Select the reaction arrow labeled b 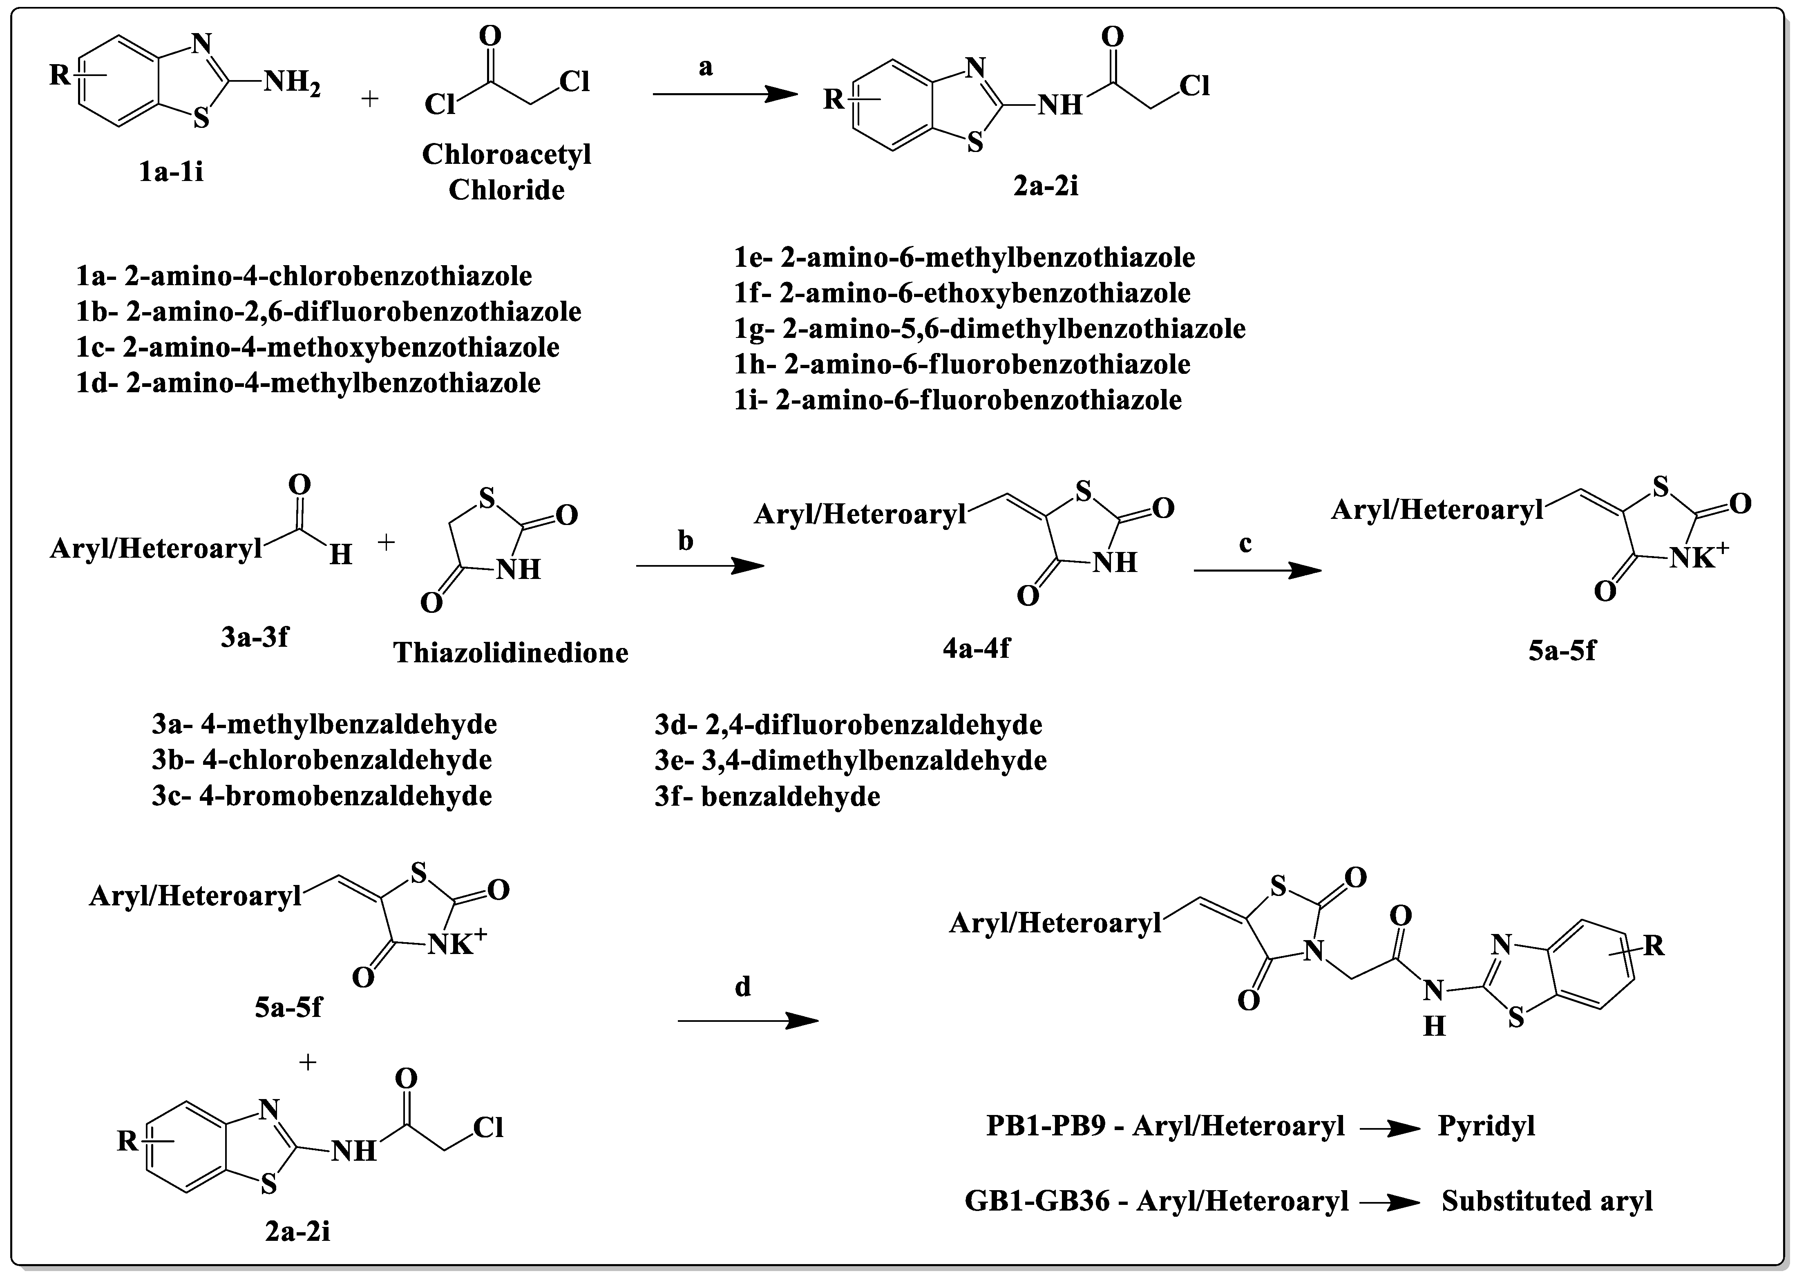[x=700, y=566]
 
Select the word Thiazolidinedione [x=511, y=652]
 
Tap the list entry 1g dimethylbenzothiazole [x=990, y=329]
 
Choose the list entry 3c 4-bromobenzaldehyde [x=322, y=795]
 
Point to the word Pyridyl [x=1486, y=1126]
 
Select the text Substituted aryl [x=1547, y=1201]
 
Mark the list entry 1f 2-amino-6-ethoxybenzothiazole [x=962, y=293]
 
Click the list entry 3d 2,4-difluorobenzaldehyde [x=848, y=724]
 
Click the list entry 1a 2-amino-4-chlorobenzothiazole [x=304, y=276]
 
